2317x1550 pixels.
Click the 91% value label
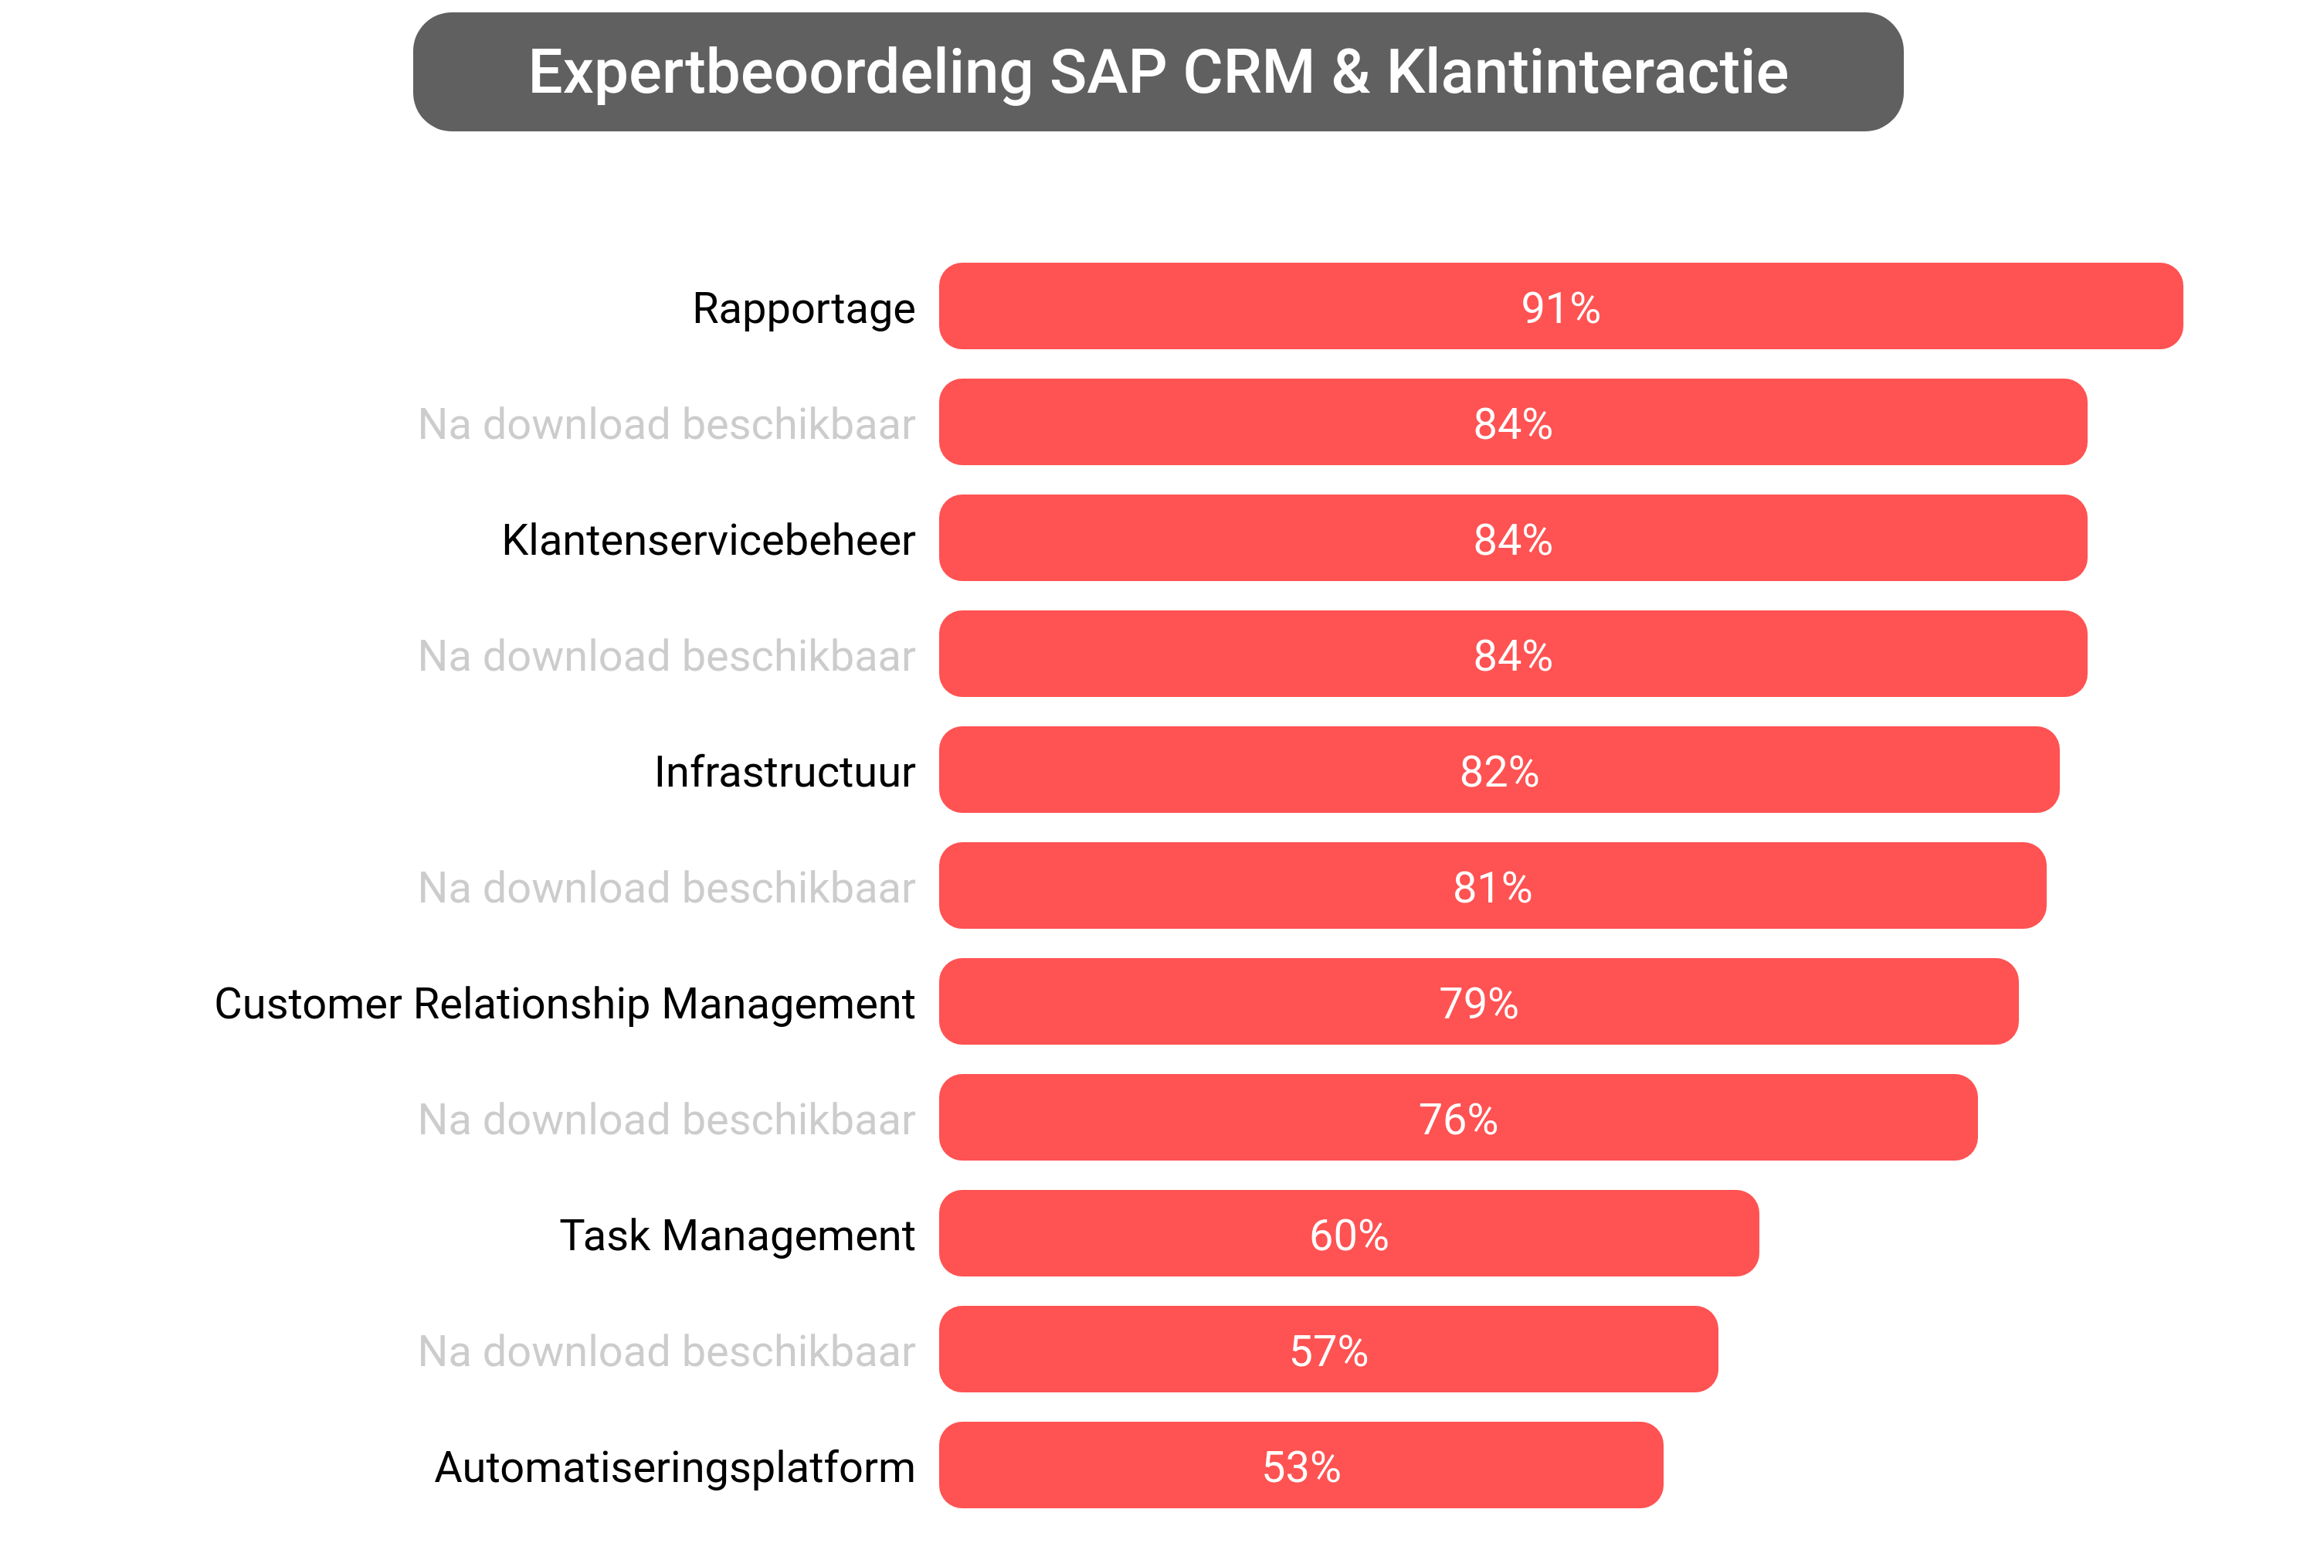tap(1559, 308)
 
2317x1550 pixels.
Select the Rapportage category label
tap(802, 308)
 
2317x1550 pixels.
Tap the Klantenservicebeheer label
tap(707, 540)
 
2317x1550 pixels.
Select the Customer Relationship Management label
tap(564, 1004)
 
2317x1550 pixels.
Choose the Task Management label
tap(737, 1235)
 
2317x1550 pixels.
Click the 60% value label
tap(1348, 1235)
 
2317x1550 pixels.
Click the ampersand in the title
tap(1350, 72)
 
